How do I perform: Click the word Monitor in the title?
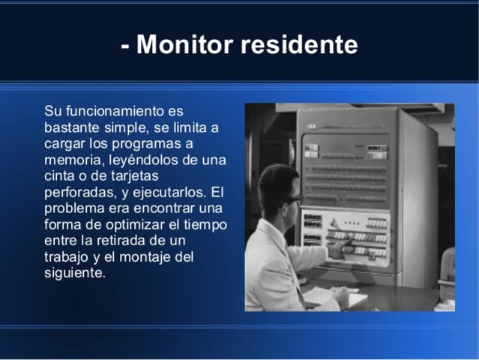184,45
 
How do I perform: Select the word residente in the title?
299,45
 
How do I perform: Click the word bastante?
72,127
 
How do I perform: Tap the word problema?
74,208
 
